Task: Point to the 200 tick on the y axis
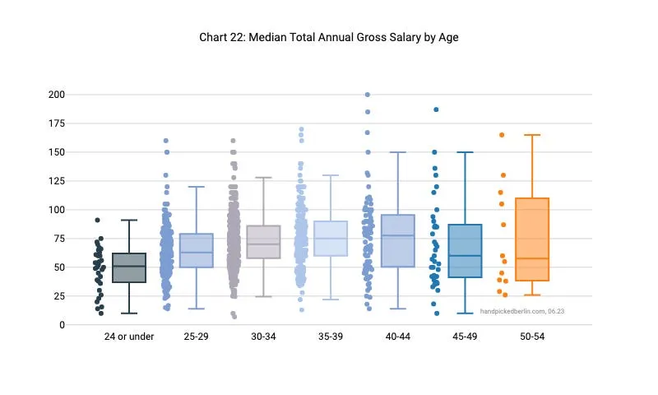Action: (56, 95)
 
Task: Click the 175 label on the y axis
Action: (56, 123)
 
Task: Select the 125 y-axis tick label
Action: (56, 181)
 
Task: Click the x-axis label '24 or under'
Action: (129, 337)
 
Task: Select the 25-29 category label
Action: (196, 337)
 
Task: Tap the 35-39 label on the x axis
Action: (330, 337)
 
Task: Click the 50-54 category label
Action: (532, 337)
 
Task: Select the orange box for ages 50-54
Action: (532, 239)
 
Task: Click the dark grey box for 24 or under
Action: (129, 267)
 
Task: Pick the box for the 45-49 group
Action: (465, 251)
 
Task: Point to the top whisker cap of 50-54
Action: (532, 135)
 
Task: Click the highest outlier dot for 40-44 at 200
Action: (367, 95)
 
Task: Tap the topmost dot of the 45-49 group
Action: (436, 109)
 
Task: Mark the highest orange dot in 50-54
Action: (502, 135)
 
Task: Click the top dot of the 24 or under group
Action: (97, 220)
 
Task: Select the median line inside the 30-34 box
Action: (263, 244)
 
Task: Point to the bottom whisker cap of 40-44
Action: (397, 309)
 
